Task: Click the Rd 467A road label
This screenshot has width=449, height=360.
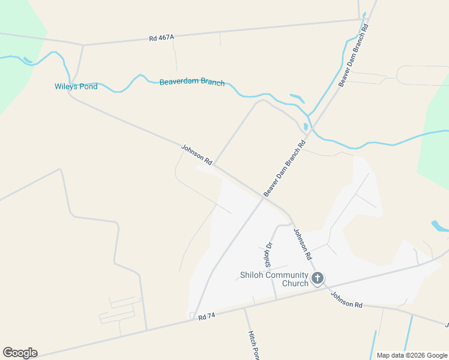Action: (x=161, y=38)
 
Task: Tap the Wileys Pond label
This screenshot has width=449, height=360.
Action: (x=76, y=86)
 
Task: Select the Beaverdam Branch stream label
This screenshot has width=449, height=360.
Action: (x=192, y=82)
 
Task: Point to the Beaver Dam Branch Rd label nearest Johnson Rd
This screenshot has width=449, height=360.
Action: (x=285, y=168)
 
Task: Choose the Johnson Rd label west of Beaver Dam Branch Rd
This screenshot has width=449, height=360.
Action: (x=197, y=154)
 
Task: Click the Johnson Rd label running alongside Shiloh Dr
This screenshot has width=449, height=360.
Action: (x=303, y=244)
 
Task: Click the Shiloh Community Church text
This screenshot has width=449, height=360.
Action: (x=270, y=280)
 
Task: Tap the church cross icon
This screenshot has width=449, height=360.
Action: (x=318, y=278)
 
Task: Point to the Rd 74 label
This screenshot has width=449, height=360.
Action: (x=206, y=316)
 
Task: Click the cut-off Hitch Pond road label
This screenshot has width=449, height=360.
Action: (x=253, y=344)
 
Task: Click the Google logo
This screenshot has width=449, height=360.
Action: (x=20, y=353)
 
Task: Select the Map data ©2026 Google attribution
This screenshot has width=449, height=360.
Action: (x=412, y=355)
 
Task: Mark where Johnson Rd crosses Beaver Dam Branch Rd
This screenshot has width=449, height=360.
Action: (x=262, y=199)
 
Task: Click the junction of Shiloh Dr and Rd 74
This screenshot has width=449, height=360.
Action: (x=276, y=299)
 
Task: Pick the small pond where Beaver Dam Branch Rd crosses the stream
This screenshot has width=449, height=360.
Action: (x=306, y=127)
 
